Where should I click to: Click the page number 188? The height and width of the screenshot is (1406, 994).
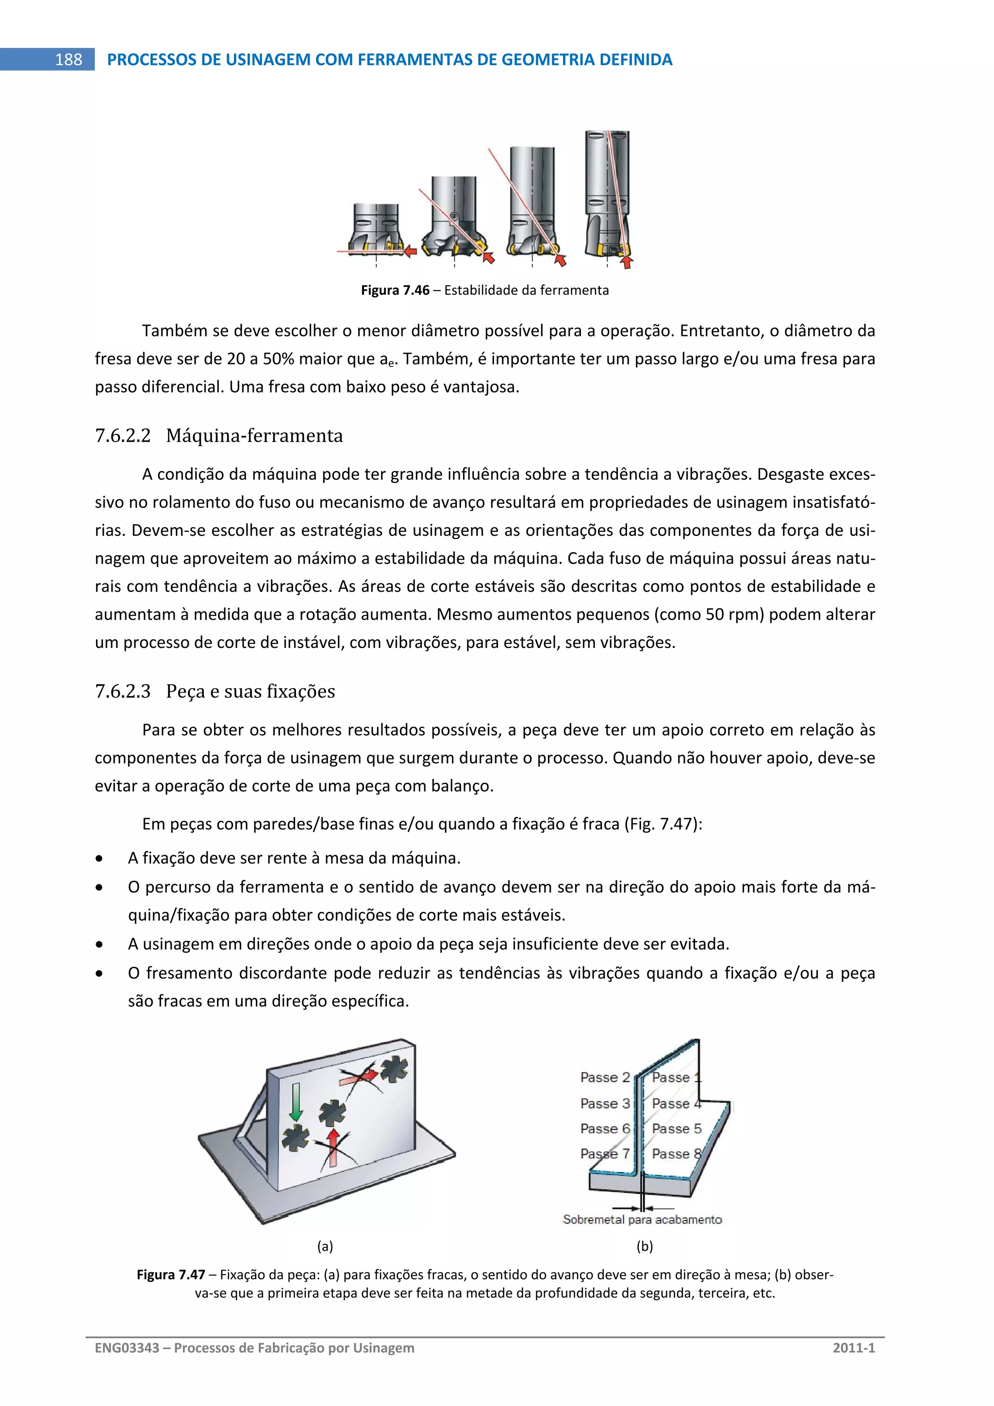coord(68,59)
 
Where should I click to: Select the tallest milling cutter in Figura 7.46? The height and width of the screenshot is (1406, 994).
coord(608,193)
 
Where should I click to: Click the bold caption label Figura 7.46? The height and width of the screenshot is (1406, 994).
coord(395,290)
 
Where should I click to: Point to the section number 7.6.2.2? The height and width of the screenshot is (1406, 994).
coord(122,436)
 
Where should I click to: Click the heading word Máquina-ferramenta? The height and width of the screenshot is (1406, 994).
coord(254,436)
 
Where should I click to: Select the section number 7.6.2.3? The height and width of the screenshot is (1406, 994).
coord(122,692)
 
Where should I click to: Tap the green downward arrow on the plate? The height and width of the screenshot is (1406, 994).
coord(297,1102)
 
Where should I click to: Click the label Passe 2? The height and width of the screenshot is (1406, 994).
coord(605,1077)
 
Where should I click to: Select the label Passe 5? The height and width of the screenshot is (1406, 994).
coord(676,1128)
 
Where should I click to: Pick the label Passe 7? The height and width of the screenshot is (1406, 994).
coord(605,1154)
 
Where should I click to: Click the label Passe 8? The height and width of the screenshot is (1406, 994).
coord(676,1154)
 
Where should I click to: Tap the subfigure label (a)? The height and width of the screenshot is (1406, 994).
coord(325,1246)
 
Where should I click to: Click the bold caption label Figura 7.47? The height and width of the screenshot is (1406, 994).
coord(171,1275)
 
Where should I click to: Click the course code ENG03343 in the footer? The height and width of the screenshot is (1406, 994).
coord(127,1348)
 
